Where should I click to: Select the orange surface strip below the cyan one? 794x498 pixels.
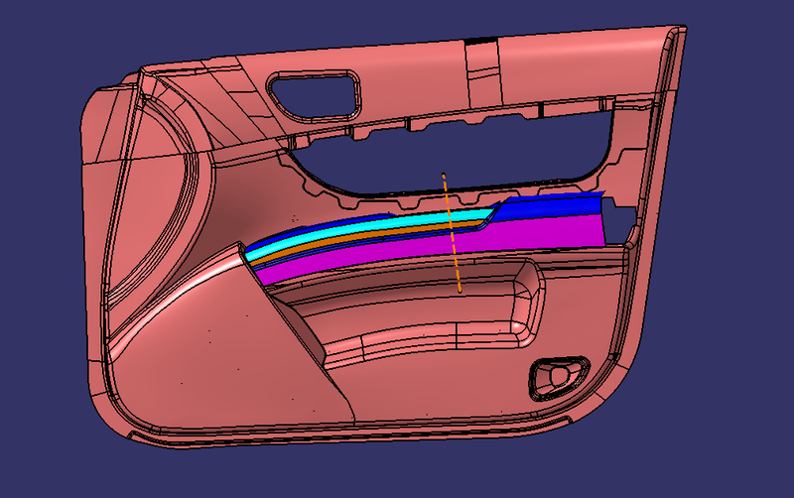tap(377, 236)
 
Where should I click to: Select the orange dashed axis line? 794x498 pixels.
tap(453, 233)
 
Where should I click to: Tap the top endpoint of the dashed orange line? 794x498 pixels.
tap(444, 176)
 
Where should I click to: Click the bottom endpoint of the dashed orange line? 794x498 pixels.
tap(461, 291)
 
